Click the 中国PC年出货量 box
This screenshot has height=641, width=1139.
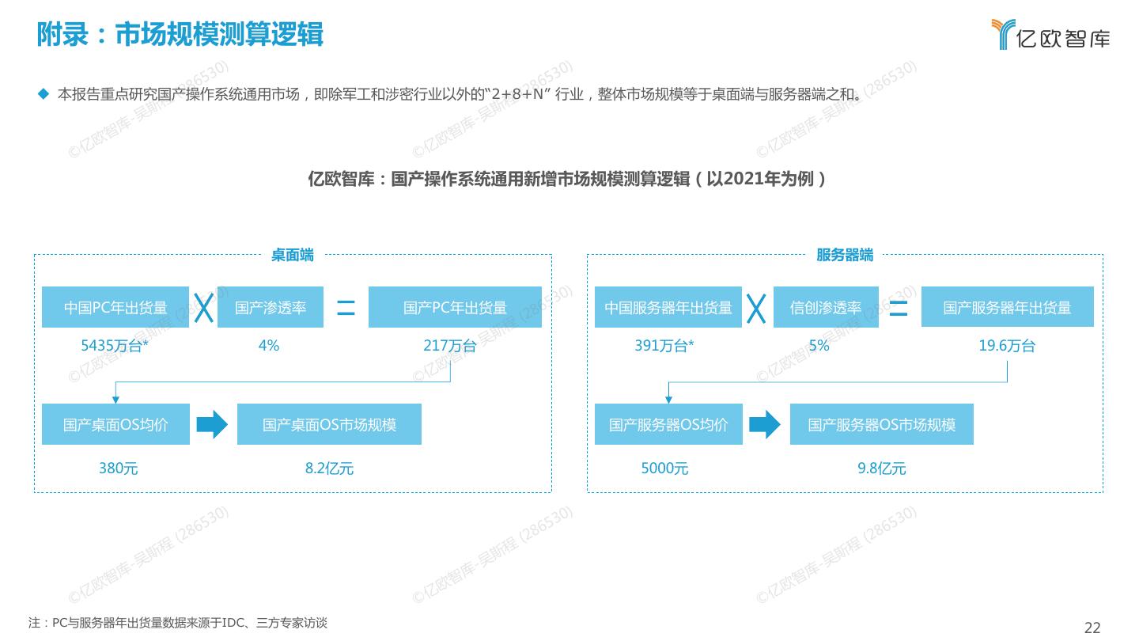pyautogui.click(x=115, y=307)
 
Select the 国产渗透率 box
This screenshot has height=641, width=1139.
pyautogui.click(x=271, y=307)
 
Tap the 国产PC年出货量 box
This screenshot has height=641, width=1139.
pyautogui.click(x=455, y=307)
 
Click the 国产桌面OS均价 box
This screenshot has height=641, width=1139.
pyautogui.click(x=115, y=424)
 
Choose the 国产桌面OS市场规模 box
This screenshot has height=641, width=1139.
pyautogui.click(x=329, y=424)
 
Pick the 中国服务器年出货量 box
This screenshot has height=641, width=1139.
pyautogui.click(x=668, y=307)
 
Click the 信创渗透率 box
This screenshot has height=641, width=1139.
pyautogui.click(x=826, y=307)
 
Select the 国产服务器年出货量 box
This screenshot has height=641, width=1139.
pyautogui.click(x=1007, y=307)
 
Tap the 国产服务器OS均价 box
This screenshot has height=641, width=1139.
pyautogui.click(x=668, y=424)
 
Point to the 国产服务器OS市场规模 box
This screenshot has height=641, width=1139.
pyautogui.click(x=881, y=424)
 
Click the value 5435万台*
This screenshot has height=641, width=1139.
pyautogui.click(x=115, y=346)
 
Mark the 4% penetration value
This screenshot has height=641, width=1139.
pyautogui.click(x=269, y=346)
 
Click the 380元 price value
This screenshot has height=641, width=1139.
pyautogui.click(x=118, y=468)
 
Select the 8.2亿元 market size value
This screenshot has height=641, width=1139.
pyautogui.click(x=329, y=468)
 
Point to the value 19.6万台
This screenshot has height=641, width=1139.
pyautogui.click(x=1007, y=346)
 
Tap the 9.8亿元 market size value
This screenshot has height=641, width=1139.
pyautogui.click(x=881, y=468)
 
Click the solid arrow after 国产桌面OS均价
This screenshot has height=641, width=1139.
pyautogui.click(x=212, y=425)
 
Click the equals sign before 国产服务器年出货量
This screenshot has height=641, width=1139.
pyautogui.click(x=899, y=308)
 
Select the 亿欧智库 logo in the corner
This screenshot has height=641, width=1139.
pyautogui.click(x=1050, y=34)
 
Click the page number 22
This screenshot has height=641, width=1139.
pyautogui.click(x=1092, y=628)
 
